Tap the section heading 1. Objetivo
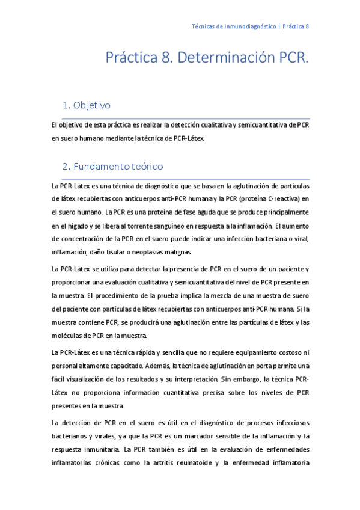87,105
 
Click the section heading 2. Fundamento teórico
112,165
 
